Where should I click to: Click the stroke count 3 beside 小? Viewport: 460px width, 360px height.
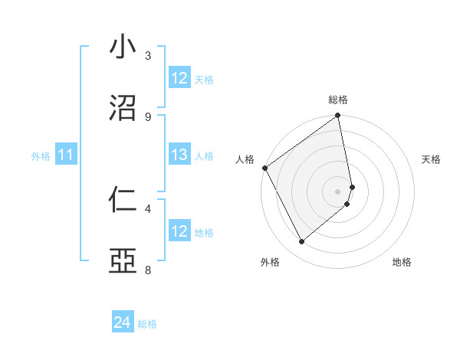149,55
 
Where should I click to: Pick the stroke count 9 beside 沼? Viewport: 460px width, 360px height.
149,116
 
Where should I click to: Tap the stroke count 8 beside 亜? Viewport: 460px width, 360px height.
149,270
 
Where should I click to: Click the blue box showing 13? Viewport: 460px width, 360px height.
179,155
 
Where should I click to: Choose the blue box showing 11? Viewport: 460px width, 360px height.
66,155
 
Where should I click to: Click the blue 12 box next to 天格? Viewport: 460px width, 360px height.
179,78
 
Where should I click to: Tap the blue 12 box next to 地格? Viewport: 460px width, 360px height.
179,231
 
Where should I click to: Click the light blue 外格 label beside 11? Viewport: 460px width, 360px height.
41,156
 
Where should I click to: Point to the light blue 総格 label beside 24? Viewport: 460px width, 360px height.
147,324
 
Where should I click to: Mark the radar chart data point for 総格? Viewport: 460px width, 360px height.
337,116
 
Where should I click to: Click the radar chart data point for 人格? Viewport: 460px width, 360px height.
264,168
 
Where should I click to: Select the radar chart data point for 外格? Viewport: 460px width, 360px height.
301,242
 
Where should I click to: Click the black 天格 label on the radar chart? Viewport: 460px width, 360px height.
431,159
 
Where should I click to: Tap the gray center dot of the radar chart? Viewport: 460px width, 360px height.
337,191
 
